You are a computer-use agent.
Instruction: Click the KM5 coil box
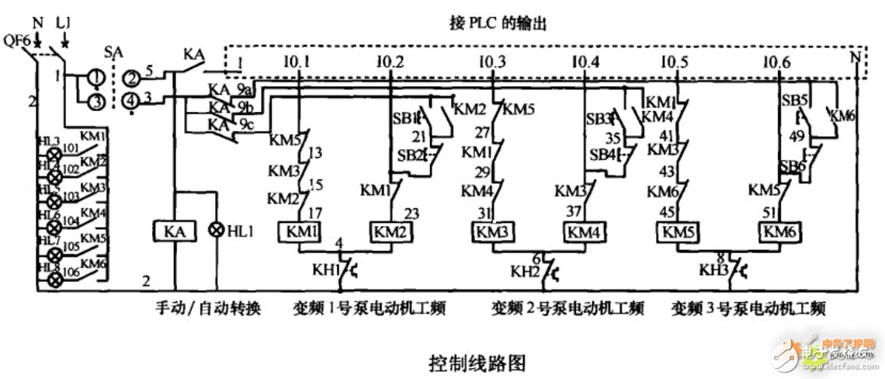tap(678, 231)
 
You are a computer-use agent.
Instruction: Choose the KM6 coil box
tap(779, 231)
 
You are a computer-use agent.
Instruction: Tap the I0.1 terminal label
tap(300, 61)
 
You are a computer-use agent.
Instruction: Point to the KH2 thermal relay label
tap(524, 273)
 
